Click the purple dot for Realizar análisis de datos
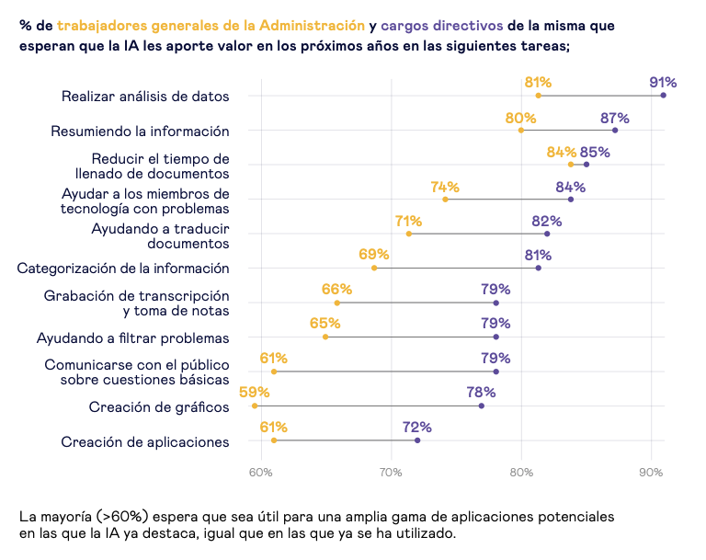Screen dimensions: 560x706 pyautogui.click(x=664, y=96)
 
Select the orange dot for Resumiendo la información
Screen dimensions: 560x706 pyautogui.click(x=521, y=131)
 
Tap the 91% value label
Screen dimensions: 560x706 pyautogui.click(x=663, y=83)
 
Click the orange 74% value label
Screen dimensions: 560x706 pyautogui.click(x=445, y=187)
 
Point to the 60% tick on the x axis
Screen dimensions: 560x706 pyautogui.click(x=261, y=473)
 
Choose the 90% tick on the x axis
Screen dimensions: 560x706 pyautogui.click(x=652, y=473)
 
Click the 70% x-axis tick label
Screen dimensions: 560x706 pyautogui.click(x=391, y=473)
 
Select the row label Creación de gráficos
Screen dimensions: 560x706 pyautogui.click(x=159, y=407)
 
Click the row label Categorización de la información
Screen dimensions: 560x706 pyautogui.click(x=123, y=269)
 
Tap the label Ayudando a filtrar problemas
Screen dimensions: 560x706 pyautogui.click(x=132, y=338)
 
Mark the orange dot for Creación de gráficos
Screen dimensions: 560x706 pyautogui.click(x=255, y=406)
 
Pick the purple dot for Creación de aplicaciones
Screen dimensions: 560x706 pyautogui.click(x=417, y=440)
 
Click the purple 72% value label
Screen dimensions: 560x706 pyautogui.click(x=417, y=428)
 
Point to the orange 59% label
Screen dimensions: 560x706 pyautogui.click(x=255, y=393)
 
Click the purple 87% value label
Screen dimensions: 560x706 pyautogui.click(x=615, y=118)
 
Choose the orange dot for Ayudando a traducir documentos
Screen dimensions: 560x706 pyautogui.click(x=409, y=234)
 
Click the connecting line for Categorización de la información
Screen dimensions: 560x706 pyautogui.click(x=456, y=268)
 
